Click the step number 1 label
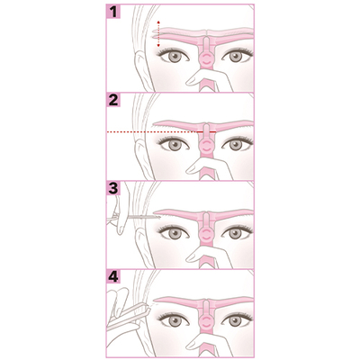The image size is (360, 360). pos(113,13)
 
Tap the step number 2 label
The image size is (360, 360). pos(113,101)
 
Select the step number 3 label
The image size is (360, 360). pos(113,189)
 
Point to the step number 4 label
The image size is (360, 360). pos(113,277)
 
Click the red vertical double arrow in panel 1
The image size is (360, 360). pos(158,34)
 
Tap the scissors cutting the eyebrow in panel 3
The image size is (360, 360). pos(133,217)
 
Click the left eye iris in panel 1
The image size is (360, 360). pos(175,57)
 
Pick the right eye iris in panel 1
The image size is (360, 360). pos(236,57)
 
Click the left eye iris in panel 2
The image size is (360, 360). pos(175,145)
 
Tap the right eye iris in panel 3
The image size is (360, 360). pos(236,233)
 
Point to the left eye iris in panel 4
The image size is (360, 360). pos(175,321)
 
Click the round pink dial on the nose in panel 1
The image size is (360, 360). pos(205,59)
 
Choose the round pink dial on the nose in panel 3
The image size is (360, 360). pos(205,236)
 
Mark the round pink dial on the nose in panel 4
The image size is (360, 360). pos(205,323)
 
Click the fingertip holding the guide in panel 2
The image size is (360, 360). pos(192,168)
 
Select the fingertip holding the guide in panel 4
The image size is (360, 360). pos(192,345)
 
